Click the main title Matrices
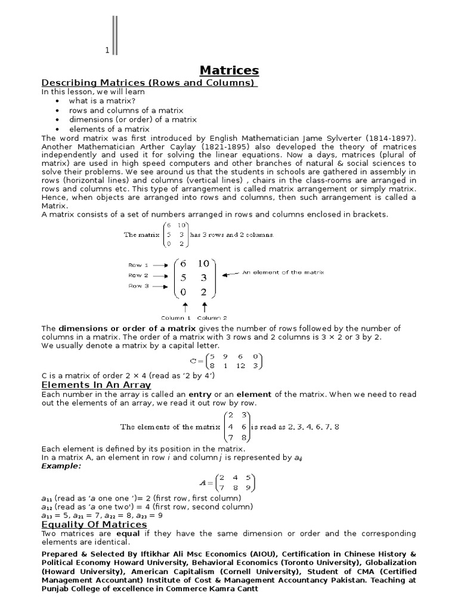(x=229, y=70)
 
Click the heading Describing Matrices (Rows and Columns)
(x=148, y=82)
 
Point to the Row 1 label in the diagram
(x=136, y=265)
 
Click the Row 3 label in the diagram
(x=136, y=286)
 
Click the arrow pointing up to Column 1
(x=185, y=308)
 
